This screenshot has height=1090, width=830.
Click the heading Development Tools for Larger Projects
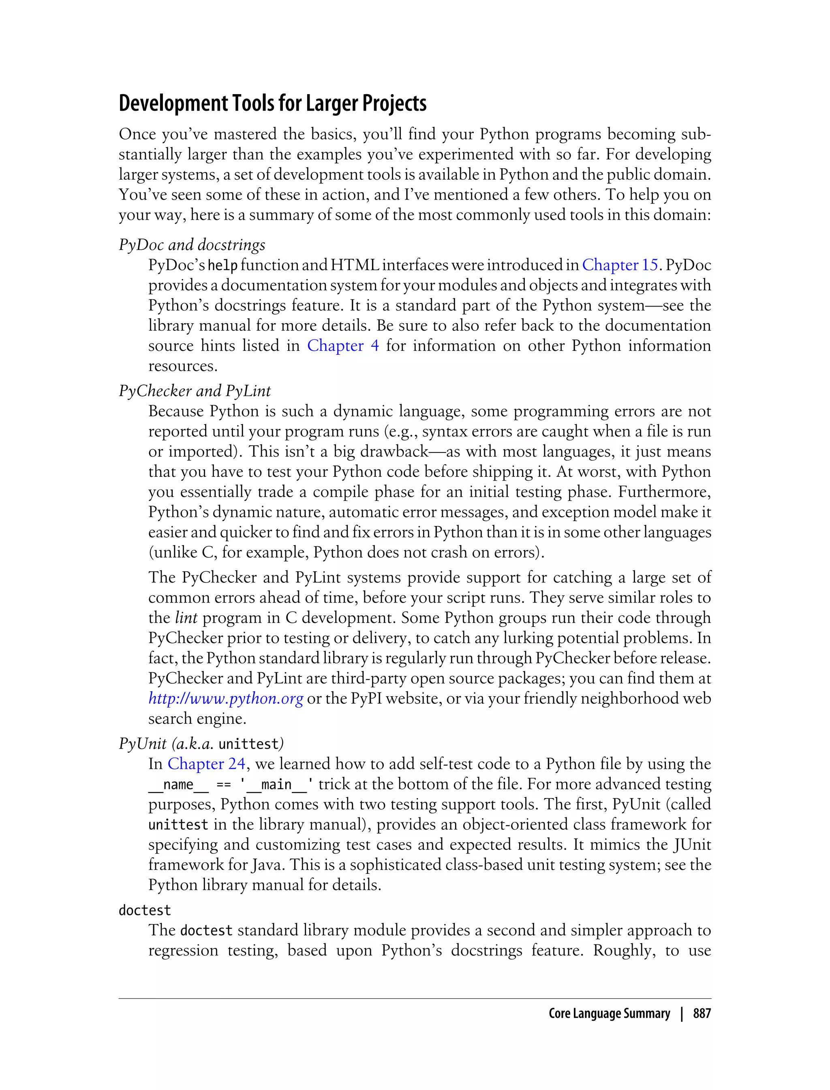tap(272, 103)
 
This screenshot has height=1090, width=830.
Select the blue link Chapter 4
tap(343, 345)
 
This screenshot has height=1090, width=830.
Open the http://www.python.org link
tap(225, 699)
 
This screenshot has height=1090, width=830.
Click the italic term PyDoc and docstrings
tap(192, 245)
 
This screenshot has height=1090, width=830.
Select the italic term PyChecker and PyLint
tap(195, 391)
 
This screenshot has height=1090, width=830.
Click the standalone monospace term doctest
tap(145, 910)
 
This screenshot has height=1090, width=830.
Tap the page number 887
tap(702, 1014)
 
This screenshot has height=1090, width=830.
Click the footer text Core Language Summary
tap(609, 1014)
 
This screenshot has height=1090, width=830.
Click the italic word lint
tap(186, 618)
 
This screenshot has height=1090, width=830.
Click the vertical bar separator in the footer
tap(681, 1014)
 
